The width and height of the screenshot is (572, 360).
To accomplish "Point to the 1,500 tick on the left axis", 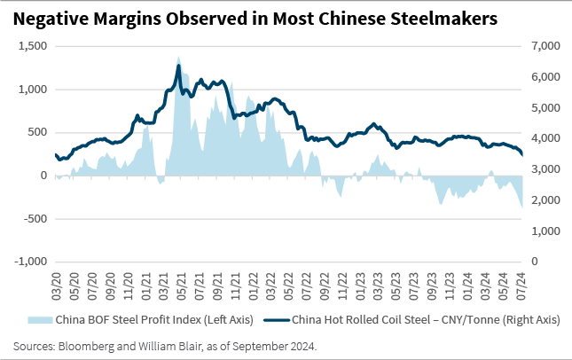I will [x=30, y=46].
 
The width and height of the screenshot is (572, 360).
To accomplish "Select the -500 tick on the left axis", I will [x=33, y=219].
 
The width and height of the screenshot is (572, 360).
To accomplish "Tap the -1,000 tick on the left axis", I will [x=28, y=262].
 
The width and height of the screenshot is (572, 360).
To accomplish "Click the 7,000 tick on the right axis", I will [x=544, y=46].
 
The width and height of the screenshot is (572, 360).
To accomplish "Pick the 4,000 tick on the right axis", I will [x=544, y=138].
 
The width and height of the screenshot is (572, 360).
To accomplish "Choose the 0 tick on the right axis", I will [x=534, y=262].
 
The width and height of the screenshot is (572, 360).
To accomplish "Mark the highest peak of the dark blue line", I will [x=178, y=66].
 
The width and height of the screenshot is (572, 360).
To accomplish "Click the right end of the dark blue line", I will [x=522, y=156].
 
